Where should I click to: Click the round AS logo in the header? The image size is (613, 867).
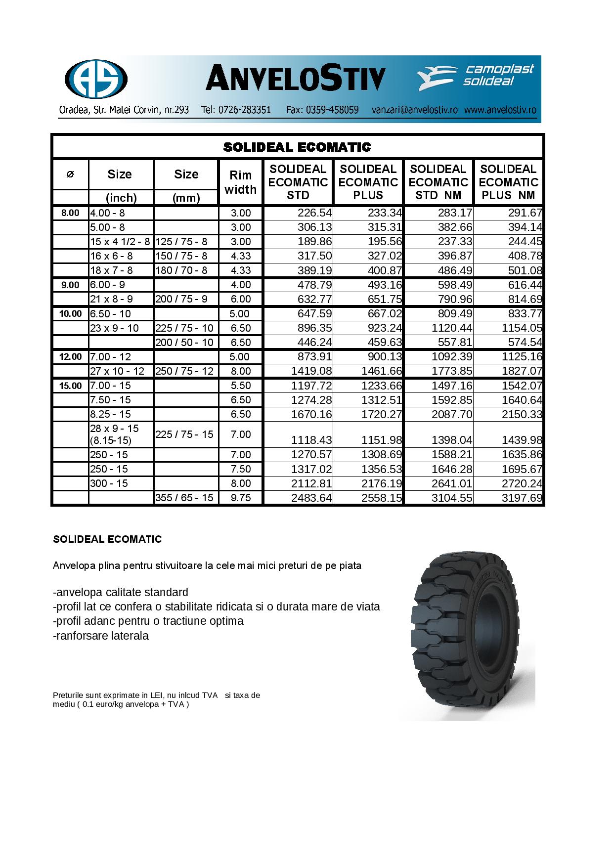tap(96, 80)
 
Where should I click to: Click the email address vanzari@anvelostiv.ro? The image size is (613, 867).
tap(414, 110)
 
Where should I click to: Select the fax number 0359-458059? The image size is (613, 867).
tap(323, 110)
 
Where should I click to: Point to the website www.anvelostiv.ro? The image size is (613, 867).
tap(500, 110)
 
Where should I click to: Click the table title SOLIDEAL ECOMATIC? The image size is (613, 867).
tap(297, 147)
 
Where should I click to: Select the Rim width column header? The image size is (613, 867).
tap(240, 182)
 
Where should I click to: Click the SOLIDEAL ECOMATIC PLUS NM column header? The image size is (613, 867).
tap(508, 182)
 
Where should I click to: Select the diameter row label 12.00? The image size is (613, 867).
tap(70, 357)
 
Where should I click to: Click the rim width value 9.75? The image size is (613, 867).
tap(241, 498)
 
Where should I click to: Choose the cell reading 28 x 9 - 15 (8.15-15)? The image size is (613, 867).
tap(115, 434)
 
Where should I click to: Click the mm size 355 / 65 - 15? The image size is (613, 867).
tap(184, 498)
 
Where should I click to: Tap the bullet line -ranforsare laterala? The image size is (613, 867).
tap(101, 636)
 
